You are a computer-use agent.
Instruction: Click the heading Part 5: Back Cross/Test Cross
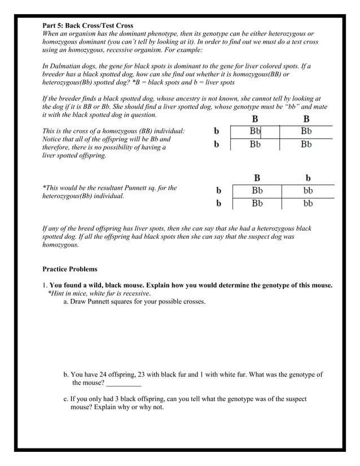87,26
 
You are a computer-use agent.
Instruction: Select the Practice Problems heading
70,269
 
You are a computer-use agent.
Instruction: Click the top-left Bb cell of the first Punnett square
256,130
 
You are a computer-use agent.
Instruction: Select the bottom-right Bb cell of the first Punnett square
306,144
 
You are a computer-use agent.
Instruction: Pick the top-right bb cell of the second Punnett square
308,191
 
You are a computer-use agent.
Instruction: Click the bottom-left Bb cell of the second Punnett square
257,203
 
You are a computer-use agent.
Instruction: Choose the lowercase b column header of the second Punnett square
308,178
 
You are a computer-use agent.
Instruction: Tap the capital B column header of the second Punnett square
257,178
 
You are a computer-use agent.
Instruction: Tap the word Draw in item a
79,302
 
